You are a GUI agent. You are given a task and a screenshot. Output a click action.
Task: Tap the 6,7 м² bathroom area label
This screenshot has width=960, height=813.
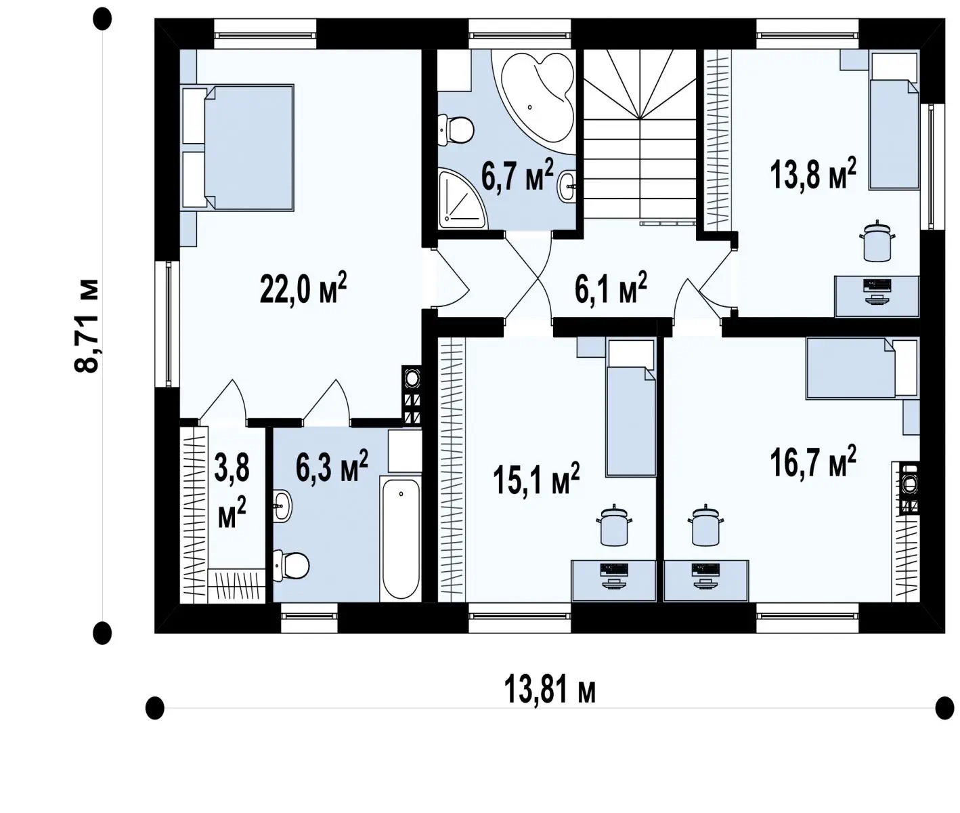tap(517, 174)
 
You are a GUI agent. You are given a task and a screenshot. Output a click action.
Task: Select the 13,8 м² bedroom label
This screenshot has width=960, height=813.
tap(813, 173)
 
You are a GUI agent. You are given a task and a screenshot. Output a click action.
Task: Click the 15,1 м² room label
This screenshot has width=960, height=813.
tap(536, 478)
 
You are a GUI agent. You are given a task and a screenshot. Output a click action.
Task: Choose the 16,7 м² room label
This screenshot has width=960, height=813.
tap(813, 461)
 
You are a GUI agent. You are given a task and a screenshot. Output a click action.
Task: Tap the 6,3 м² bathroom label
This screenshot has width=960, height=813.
tap(332, 465)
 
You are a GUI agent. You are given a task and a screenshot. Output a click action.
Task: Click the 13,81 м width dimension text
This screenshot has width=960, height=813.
tap(550, 690)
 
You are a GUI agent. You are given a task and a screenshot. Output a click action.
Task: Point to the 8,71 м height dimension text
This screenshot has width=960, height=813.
tap(87, 325)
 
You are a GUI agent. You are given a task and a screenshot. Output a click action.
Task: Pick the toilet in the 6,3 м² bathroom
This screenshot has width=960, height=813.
tap(290, 566)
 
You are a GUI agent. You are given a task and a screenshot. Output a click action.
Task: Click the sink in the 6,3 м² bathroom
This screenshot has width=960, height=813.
tap(282, 506)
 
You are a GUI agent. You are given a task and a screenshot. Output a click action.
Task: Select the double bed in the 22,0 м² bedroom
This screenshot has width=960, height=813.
tap(238, 147)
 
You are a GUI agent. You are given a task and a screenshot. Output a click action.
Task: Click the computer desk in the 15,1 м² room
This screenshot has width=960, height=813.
tap(613, 581)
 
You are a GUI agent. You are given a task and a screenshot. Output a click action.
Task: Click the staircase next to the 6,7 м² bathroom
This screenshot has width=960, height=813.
tap(640, 134)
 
